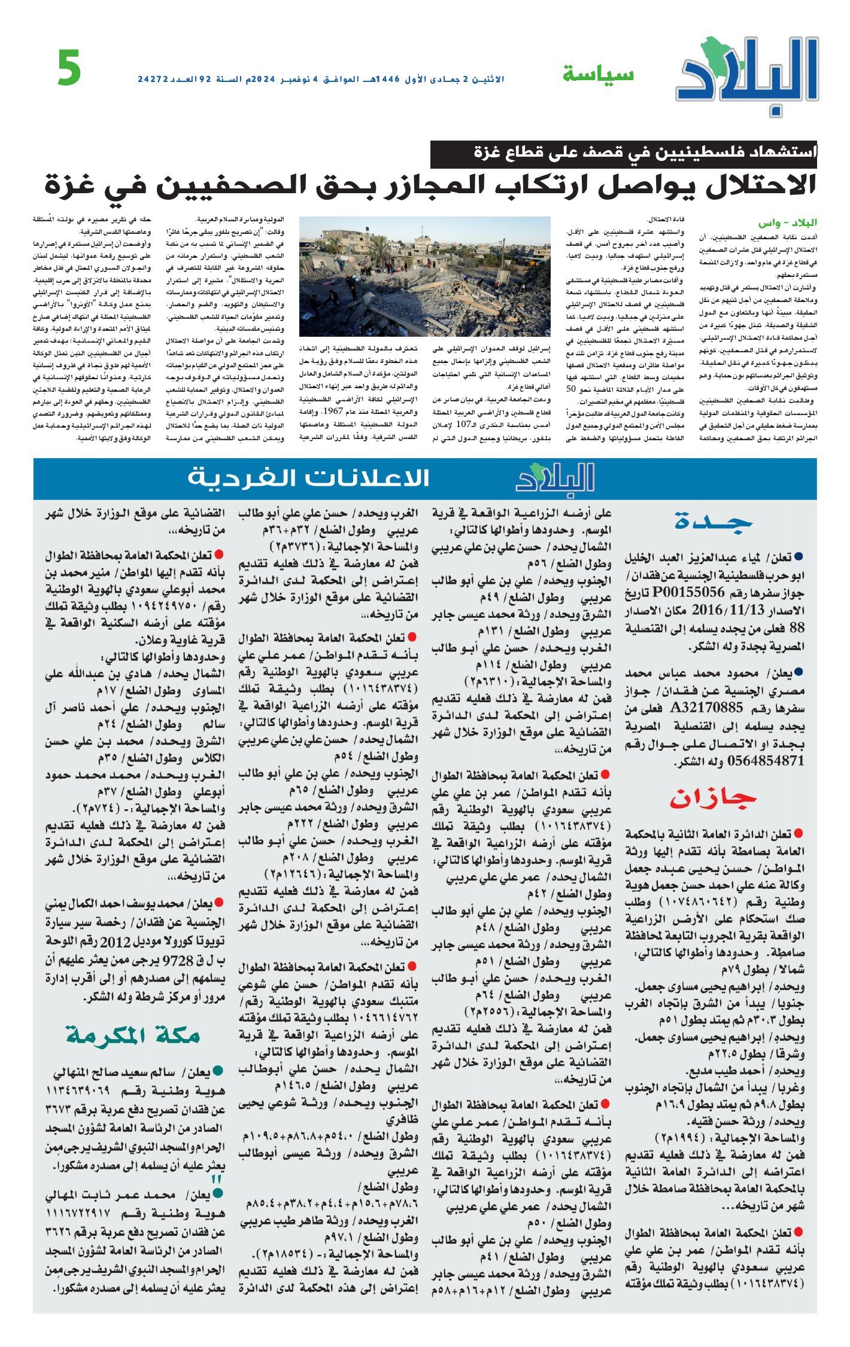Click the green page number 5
[x=69, y=68]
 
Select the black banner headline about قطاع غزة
[x=623, y=153]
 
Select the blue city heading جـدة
[x=713, y=522]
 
